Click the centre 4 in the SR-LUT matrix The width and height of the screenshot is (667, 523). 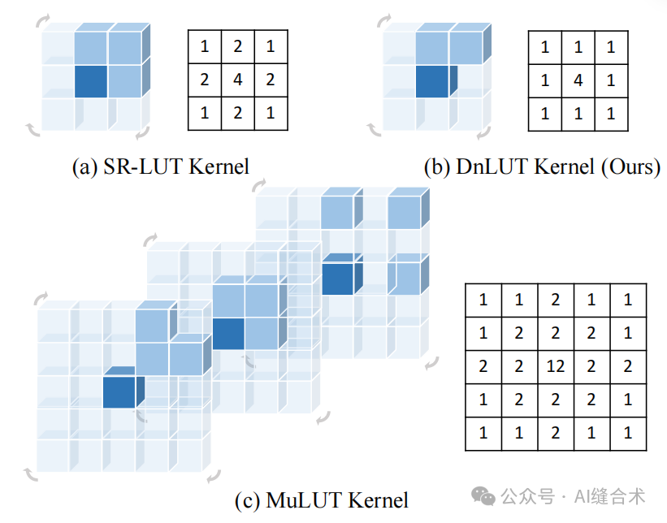coord(237,80)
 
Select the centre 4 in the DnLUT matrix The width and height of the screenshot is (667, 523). coord(578,81)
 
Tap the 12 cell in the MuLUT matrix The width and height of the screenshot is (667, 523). coord(556,366)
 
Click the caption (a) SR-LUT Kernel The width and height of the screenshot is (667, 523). coord(161,167)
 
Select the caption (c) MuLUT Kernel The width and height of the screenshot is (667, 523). coord(321,499)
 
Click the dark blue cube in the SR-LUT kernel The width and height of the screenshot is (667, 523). coord(91,81)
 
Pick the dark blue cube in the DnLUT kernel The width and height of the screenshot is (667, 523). coord(431,82)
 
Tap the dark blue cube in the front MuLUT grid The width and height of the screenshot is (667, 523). coord(120,390)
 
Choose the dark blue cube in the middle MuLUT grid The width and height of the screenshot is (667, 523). coord(228,333)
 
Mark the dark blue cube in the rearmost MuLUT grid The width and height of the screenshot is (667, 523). coord(337,276)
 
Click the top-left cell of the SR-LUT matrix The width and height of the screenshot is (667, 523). coord(204,47)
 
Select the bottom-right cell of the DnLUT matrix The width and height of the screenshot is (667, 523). coord(611,114)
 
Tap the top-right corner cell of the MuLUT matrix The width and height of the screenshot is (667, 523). coord(628,300)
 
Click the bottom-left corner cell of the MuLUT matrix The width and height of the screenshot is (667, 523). coord(483,433)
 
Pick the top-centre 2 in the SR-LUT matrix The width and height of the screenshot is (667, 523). coord(237,47)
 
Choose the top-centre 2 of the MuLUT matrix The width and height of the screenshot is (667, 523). coord(556,300)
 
